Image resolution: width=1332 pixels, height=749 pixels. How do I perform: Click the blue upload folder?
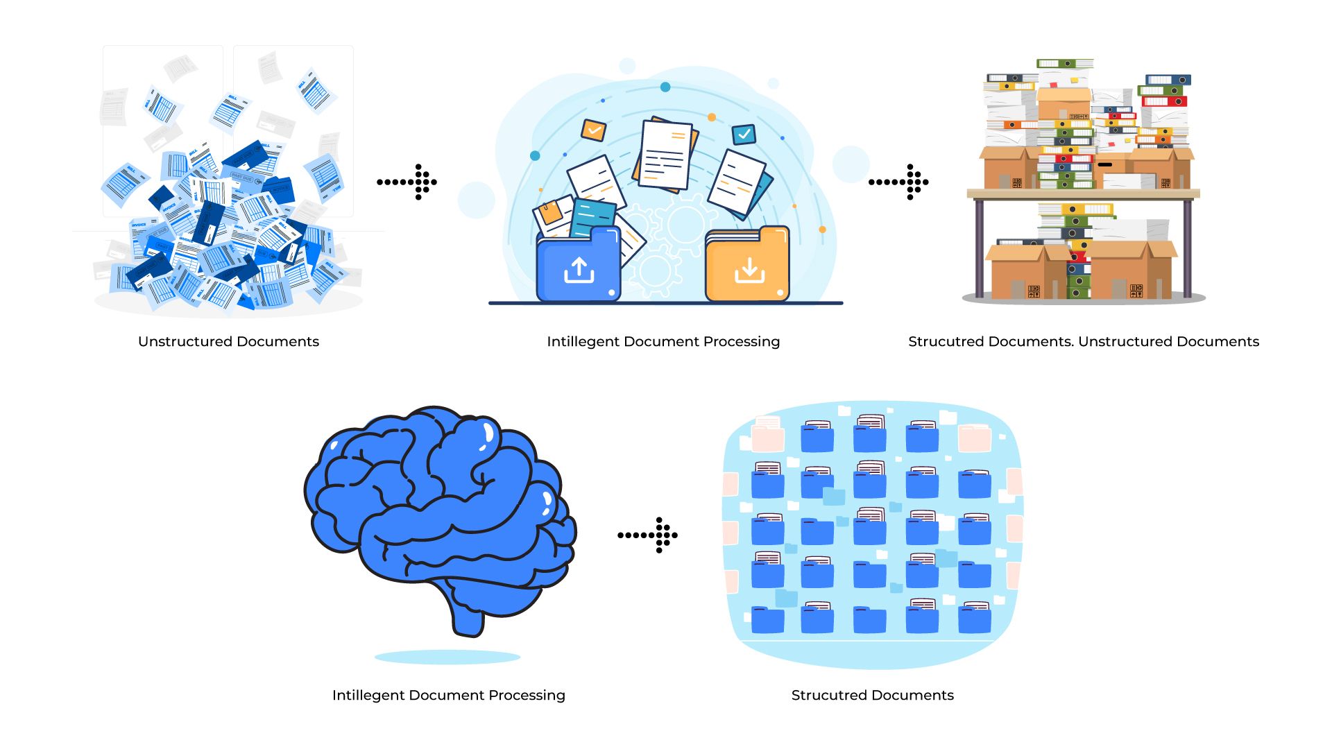coord(578,267)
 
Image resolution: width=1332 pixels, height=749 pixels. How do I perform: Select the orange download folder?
coord(747,267)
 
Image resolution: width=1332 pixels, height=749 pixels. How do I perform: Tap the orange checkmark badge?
coord(594,130)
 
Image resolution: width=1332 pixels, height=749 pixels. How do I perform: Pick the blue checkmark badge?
coord(744,134)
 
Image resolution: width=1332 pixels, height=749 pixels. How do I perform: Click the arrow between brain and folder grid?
coord(648,535)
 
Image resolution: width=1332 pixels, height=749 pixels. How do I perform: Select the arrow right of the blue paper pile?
coord(407,182)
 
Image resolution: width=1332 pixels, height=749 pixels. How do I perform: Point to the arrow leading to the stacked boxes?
coord(899,182)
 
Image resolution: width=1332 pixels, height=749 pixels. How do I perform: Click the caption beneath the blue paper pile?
coord(228,341)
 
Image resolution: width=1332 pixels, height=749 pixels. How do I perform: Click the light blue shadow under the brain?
coord(447,656)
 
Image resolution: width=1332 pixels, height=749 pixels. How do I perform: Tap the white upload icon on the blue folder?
coord(579,270)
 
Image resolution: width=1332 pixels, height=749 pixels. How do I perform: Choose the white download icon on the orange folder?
coord(749,270)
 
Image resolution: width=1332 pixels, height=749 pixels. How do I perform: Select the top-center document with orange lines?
coord(665,155)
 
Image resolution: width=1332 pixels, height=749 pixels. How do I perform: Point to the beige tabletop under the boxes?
coord(1083,193)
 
